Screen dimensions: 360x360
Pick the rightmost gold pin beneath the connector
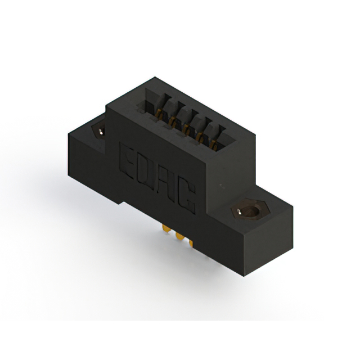tap(190, 243)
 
